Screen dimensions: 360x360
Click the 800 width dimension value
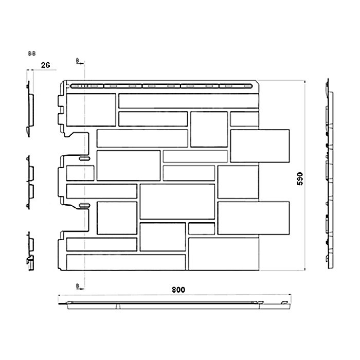tap(178, 290)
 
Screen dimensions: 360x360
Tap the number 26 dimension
tap(46, 65)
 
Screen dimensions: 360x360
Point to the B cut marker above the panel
tap(77, 61)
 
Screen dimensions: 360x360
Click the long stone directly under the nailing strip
tap(188, 101)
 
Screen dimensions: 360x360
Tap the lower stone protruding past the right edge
tap(253, 218)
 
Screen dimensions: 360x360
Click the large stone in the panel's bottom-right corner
tap(223, 254)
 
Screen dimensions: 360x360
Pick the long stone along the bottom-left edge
tap(125, 262)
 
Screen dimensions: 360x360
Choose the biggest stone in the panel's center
tap(177, 201)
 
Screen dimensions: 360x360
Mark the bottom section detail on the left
tap(30, 252)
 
